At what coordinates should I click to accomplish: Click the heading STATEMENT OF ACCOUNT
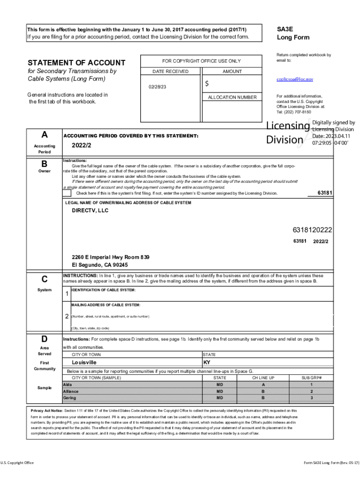[x=77, y=63]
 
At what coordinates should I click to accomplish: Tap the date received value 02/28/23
[x=158, y=87]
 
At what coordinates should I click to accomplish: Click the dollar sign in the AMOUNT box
[x=207, y=84]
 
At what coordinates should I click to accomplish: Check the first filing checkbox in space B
[x=67, y=193]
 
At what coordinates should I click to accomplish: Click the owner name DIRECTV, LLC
[x=90, y=210]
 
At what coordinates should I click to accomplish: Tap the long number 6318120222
[x=312, y=230]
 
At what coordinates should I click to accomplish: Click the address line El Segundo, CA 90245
[x=100, y=265]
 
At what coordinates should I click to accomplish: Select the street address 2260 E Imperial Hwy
[x=110, y=257]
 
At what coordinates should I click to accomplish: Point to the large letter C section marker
[x=44, y=280]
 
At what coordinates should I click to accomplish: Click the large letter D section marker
[x=44, y=339]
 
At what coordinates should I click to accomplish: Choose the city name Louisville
[x=84, y=363]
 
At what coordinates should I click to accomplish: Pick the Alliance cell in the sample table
[x=71, y=392]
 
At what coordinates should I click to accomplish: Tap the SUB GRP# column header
[x=311, y=377]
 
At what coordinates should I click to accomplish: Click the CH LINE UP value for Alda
[x=263, y=385]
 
